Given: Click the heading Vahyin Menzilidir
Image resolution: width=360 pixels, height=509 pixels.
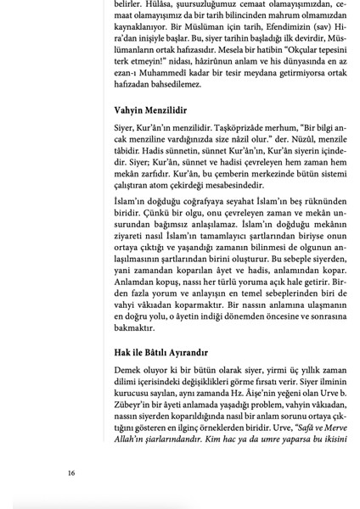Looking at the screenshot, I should click(150, 110).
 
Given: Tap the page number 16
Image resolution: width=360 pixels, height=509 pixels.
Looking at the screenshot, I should click(71, 473).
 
